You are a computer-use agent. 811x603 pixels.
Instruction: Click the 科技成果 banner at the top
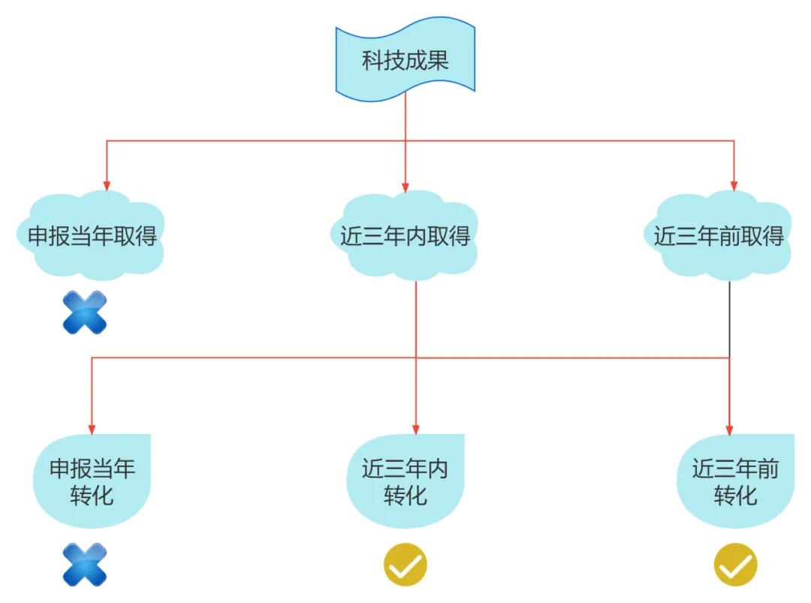coord(405,60)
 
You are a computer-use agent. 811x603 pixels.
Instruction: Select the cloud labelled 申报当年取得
coord(92,237)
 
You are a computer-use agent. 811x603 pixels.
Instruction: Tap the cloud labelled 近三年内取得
coord(405,237)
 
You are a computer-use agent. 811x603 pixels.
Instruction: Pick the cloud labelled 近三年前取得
coord(719,237)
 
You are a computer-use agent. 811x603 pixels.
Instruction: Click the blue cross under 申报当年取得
coord(85,312)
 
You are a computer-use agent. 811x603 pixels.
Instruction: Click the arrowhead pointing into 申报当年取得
coord(107,186)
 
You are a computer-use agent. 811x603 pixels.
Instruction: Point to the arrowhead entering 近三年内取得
coord(405,186)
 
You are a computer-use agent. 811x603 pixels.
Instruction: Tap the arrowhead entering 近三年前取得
coord(734,186)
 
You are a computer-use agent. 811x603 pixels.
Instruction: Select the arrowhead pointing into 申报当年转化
coord(92,430)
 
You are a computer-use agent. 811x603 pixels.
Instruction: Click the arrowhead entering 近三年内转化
coord(416,430)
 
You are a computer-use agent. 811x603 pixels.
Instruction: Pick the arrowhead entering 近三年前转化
coord(729,430)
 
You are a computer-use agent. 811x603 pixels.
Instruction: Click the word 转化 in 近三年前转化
coord(735,496)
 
